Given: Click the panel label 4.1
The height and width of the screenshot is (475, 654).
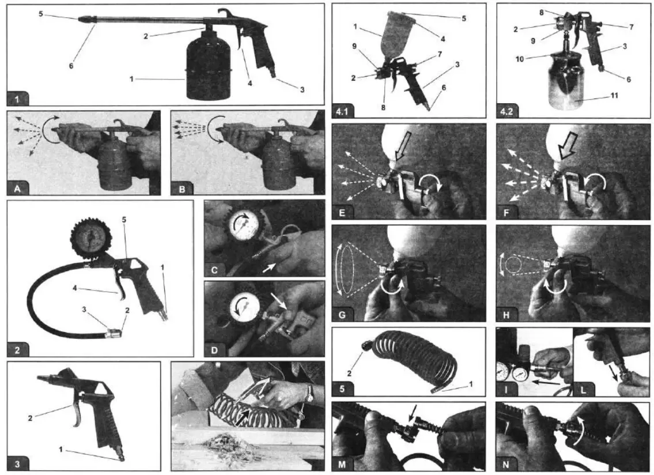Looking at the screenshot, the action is (342, 111).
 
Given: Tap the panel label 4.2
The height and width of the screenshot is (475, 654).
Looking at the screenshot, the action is (506, 111).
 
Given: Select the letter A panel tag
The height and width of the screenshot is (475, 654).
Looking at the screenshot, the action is (17, 189).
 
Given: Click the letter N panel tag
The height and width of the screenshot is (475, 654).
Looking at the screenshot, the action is (506, 464).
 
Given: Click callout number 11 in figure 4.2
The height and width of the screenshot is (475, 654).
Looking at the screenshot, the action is (614, 96).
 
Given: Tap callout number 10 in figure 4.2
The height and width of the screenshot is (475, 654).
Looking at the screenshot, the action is (519, 59).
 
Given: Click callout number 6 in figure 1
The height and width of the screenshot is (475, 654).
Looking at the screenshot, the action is (71, 66).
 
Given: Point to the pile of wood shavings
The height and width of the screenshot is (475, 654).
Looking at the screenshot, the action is (227, 442).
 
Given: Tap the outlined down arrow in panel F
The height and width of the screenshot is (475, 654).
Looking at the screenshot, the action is (568, 148).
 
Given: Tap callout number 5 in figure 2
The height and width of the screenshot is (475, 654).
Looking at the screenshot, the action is (124, 220).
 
